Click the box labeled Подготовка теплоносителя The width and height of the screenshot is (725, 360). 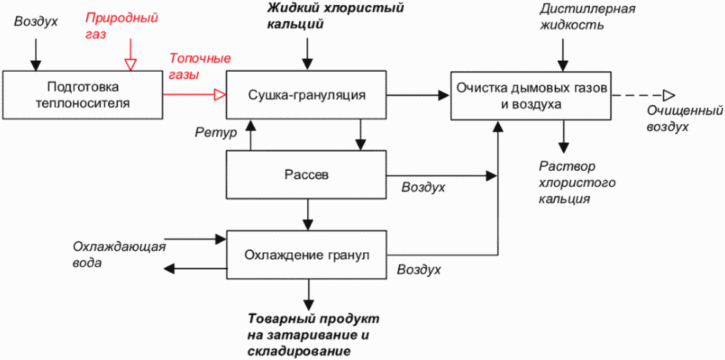83,95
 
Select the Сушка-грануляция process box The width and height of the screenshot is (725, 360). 306,95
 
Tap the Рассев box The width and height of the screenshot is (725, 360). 306,175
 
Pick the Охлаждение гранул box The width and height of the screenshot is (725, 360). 306,255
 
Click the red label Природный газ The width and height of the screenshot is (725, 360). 122,26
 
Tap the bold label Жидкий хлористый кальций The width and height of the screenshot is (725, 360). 336,15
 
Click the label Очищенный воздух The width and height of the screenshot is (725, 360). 684,119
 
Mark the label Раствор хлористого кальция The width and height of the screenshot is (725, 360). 577,183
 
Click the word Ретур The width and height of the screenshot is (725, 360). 216,133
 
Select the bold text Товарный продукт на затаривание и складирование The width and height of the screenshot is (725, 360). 314,334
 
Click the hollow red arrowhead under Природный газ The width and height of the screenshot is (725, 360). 130,65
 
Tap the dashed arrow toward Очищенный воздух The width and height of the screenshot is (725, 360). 643,95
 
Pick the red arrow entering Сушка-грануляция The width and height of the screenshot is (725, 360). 195,95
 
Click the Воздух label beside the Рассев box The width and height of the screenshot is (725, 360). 423,187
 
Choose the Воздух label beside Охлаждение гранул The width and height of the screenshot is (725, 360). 419,269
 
